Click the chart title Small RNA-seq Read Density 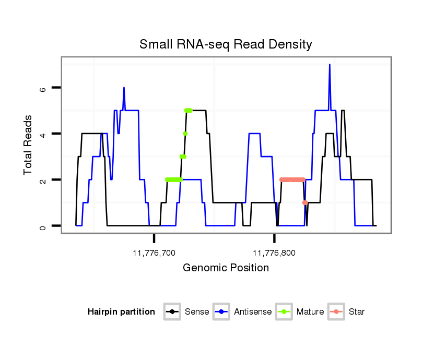click(x=226, y=44)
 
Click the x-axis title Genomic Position click(x=226, y=268)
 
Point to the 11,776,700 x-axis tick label click(x=154, y=253)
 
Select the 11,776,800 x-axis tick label click(x=274, y=253)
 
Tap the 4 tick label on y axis click(x=42, y=134)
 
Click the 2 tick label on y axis click(x=42, y=180)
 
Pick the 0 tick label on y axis click(x=42, y=226)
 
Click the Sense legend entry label click(x=197, y=312)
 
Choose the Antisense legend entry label click(x=253, y=312)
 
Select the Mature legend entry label click(x=310, y=312)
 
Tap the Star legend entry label click(x=357, y=312)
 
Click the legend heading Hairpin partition click(x=121, y=312)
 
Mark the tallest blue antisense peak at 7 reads click(x=330, y=65)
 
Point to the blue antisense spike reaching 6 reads click(x=124, y=88)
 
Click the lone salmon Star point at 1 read click(x=305, y=202)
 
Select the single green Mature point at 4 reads click(x=185, y=134)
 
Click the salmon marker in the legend click(x=337, y=312)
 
